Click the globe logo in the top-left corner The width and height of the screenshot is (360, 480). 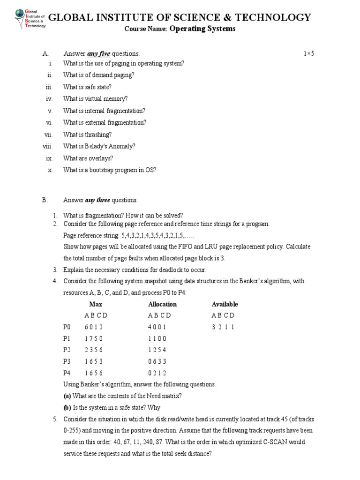19,17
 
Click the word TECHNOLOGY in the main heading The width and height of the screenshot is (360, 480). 277,18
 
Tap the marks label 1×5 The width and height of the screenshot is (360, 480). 308,54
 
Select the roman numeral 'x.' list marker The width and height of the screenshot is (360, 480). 50,170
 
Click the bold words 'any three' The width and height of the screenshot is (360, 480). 97,201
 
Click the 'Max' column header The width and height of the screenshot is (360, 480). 96,304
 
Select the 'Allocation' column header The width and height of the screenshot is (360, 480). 162,304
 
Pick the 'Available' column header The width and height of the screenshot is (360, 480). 225,304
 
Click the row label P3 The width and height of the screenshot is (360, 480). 66,361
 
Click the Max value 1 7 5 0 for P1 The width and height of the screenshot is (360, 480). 93,338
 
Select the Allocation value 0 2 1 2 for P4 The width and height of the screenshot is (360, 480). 157,373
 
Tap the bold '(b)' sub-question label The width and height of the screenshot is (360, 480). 67,407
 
